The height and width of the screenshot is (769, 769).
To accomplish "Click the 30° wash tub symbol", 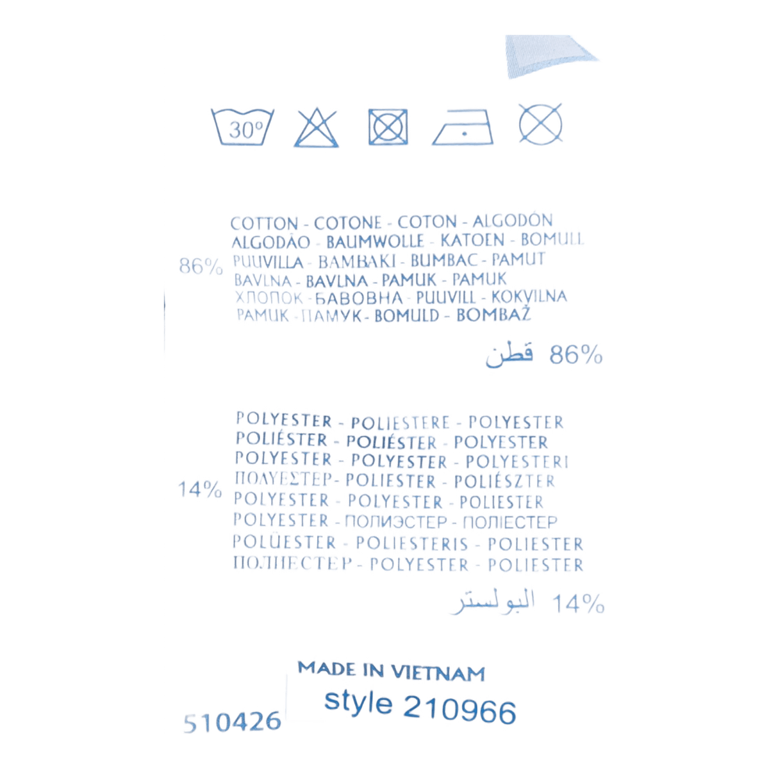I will tap(244, 126).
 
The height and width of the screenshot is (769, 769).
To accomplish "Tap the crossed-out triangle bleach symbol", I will tap(317, 126).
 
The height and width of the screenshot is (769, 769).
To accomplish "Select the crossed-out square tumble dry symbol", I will tap(388, 126).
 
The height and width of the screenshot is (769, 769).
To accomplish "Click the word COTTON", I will tap(264, 223).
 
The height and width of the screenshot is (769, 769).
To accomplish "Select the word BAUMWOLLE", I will tap(375, 242).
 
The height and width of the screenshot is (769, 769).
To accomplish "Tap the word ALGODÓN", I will tap(513, 222).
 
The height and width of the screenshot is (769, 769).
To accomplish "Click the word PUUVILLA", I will tap(268, 261).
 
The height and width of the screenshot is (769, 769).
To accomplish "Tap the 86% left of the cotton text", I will tap(201, 267).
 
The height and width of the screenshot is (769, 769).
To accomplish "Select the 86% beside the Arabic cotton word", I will tap(575, 354).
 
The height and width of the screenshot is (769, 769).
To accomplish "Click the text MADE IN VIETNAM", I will tap(391, 671).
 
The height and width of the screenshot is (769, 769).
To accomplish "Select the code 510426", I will tap(231, 723).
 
